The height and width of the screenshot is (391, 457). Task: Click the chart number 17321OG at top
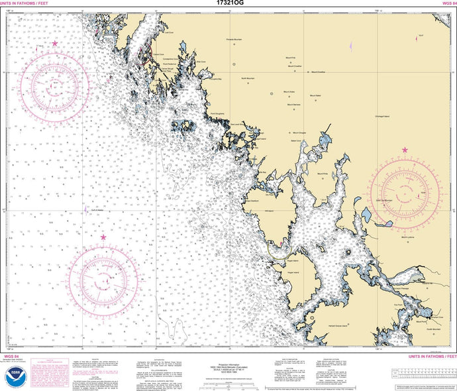228,3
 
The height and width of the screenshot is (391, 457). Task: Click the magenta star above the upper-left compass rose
55,44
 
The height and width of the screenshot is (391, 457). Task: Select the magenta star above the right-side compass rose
405,150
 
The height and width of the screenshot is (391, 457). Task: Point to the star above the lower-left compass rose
103,237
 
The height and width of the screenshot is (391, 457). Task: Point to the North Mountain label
248,78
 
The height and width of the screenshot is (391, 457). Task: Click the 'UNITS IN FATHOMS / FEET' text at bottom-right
424,357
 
